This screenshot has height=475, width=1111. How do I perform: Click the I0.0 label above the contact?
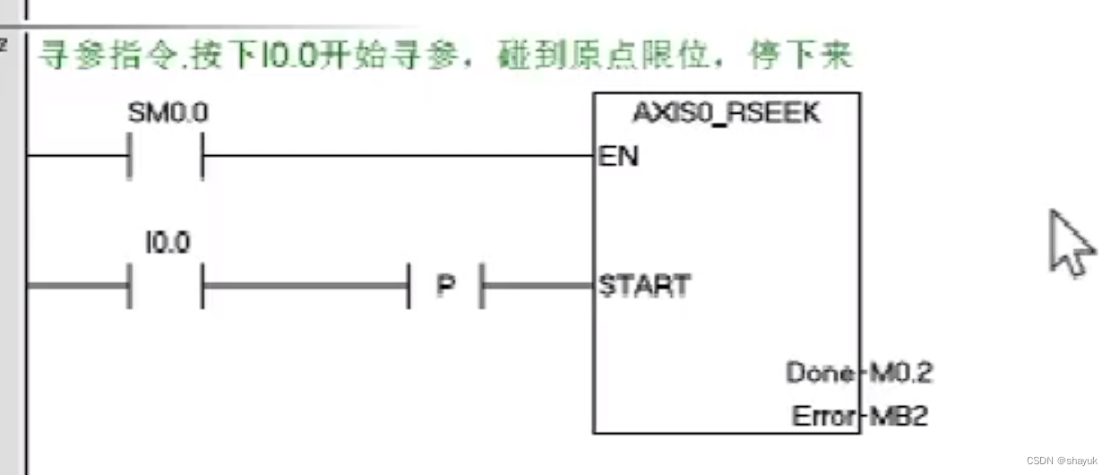[x=168, y=242]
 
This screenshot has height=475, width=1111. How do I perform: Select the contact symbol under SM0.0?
[x=168, y=156]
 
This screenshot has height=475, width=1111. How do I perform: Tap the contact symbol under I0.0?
[x=168, y=285]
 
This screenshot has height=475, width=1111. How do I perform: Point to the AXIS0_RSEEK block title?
[x=727, y=114]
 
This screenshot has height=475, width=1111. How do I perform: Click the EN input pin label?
[x=618, y=156]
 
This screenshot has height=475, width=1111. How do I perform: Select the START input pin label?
[x=644, y=286]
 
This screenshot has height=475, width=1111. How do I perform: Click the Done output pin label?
[x=820, y=372]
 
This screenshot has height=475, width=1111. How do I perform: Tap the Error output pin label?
[x=822, y=416]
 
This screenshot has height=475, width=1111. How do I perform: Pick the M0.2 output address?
[x=899, y=372]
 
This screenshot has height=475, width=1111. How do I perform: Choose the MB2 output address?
[x=897, y=416]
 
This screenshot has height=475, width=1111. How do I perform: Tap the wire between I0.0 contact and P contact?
[x=305, y=285]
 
